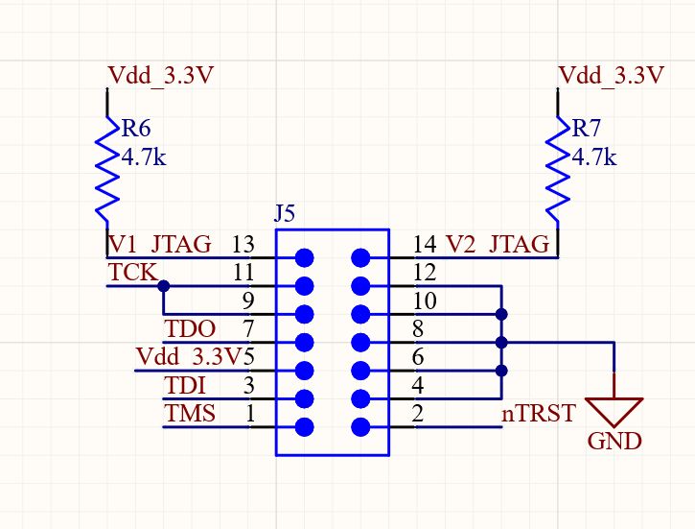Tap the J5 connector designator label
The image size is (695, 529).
tap(286, 214)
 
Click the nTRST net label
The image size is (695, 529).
tap(539, 414)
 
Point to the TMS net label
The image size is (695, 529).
tap(190, 414)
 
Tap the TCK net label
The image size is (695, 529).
tap(132, 272)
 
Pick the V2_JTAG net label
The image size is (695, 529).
tap(499, 244)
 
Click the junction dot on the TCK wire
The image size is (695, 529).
tap(164, 286)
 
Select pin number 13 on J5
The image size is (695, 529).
tap(243, 245)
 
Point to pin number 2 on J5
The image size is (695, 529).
tap(418, 415)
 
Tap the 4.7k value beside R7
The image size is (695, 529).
tap(593, 156)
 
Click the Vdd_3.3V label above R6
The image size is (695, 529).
tap(160, 76)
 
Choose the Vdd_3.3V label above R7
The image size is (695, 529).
tap(611, 76)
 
